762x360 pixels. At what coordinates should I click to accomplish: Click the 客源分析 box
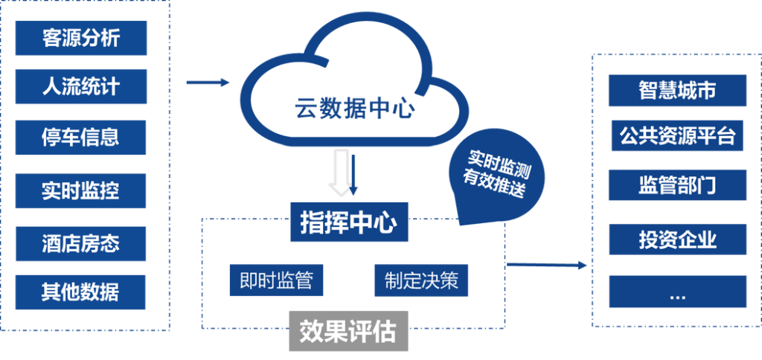(x=80, y=38)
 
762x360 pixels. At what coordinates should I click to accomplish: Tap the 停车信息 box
(x=80, y=137)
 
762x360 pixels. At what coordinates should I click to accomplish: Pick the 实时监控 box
(x=80, y=190)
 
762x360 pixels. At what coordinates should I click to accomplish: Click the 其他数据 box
(x=80, y=291)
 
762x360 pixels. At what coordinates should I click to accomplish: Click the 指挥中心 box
(x=350, y=222)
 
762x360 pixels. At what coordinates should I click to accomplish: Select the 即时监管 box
(x=276, y=280)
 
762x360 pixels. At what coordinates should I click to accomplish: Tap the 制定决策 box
(x=421, y=280)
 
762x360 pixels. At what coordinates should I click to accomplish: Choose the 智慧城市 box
(x=677, y=90)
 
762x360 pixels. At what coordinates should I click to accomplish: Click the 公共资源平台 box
(x=677, y=136)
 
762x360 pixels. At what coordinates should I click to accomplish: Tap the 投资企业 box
(x=677, y=240)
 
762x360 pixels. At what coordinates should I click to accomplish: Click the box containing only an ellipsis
(x=677, y=292)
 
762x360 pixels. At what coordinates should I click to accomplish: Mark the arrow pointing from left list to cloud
(x=208, y=83)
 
